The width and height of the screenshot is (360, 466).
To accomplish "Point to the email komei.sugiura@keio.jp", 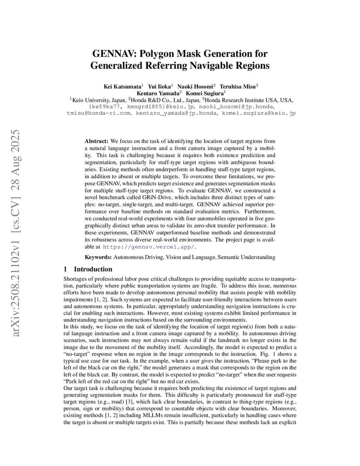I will (x=259, y=113).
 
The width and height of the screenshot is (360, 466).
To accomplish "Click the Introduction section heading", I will (x=93, y=269).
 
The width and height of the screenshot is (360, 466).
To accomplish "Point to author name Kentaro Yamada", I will (x=157, y=93).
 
